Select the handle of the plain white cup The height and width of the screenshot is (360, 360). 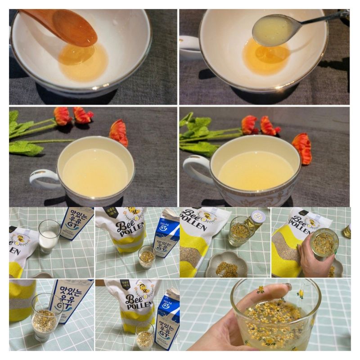tap(43, 179)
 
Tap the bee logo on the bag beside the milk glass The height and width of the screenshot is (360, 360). tap(20, 240)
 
